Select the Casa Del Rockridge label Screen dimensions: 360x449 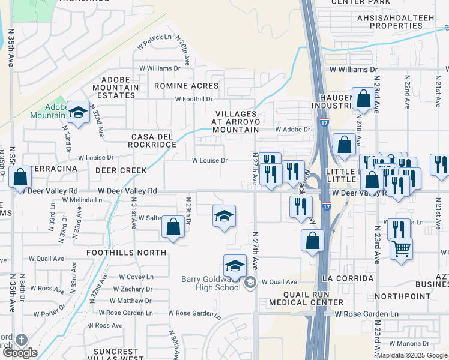pos(154,140)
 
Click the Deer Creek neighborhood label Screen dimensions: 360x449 pos(121,170)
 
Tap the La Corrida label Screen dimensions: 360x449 pos(348,279)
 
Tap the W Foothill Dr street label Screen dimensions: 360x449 pos(194,100)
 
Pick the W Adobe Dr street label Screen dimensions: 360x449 pos(293,129)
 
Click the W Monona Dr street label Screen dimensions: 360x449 pos(409,344)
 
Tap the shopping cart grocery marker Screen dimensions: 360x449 pos(401,247)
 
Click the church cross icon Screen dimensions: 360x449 pos(22,340)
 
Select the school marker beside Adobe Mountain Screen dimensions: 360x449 pos(77,112)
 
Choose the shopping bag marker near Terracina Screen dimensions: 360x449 pos(20,177)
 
